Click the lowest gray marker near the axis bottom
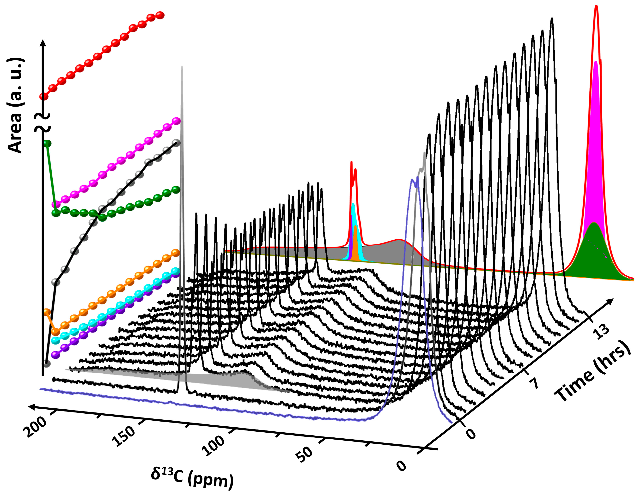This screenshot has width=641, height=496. click(46, 364)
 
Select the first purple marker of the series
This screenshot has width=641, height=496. click(55, 355)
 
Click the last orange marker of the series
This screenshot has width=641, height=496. click(176, 253)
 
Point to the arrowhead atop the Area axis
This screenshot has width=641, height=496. click(43, 42)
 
